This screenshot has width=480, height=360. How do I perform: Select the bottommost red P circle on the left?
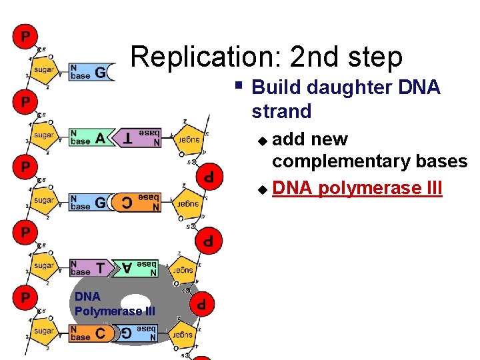pos(24,297)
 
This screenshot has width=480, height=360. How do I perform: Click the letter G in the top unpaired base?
pos(100,73)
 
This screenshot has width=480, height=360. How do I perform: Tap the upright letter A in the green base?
pos(100,138)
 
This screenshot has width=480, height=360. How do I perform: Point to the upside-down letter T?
pos(127,138)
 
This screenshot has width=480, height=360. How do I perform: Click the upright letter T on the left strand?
pos(100,268)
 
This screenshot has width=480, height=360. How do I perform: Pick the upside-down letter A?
pos(126,268)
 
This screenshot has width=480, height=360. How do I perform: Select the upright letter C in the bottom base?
pos(100,333)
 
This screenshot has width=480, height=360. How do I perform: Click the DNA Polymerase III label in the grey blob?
pos(115,303)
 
